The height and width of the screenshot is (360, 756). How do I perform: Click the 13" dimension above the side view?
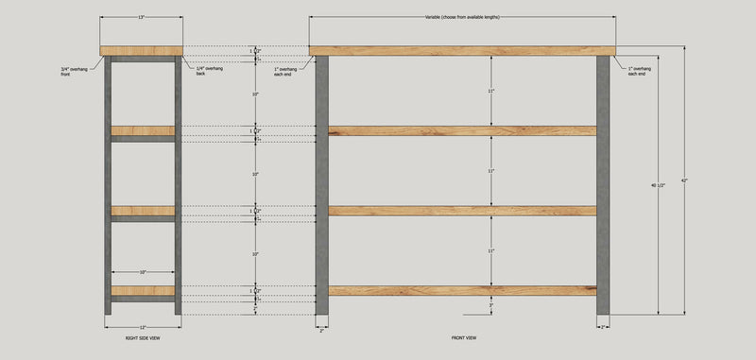pyautogui.click(x=141, y=17)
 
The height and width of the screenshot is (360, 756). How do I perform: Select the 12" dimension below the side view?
pyautogui.click(x=141, y=327)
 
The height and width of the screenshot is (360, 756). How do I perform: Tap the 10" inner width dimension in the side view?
pyautogui.click(x=142, y=271)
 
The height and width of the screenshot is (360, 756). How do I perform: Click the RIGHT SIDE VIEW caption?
pyautogui.click(x=141, y=337)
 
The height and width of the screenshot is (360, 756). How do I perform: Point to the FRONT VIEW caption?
pyautogui.click(x=464, y=337)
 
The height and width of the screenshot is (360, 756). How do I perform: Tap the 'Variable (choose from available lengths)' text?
pyautogui.click(x=462, y=18)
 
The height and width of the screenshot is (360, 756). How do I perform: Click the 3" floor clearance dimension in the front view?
pyautogui.click(x=491, y=305)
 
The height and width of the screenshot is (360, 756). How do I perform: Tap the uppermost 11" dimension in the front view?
pyautogui.click(x=491, y=91)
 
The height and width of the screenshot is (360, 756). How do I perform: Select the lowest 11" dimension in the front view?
pyautogui.click(x=491, y=251)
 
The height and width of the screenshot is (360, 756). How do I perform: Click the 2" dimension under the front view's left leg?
pyautogui.click(x=321, y=330)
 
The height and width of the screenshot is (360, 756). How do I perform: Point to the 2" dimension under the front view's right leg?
pyautogui.click(x=603, y=327)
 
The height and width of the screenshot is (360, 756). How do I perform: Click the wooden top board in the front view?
pyautogui.click(x=462, y=51)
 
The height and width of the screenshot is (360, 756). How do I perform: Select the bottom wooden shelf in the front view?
pyautogui.click(x=462, y=291)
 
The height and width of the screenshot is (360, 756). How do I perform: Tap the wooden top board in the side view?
pyautogui.click(x=141, y=51)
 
